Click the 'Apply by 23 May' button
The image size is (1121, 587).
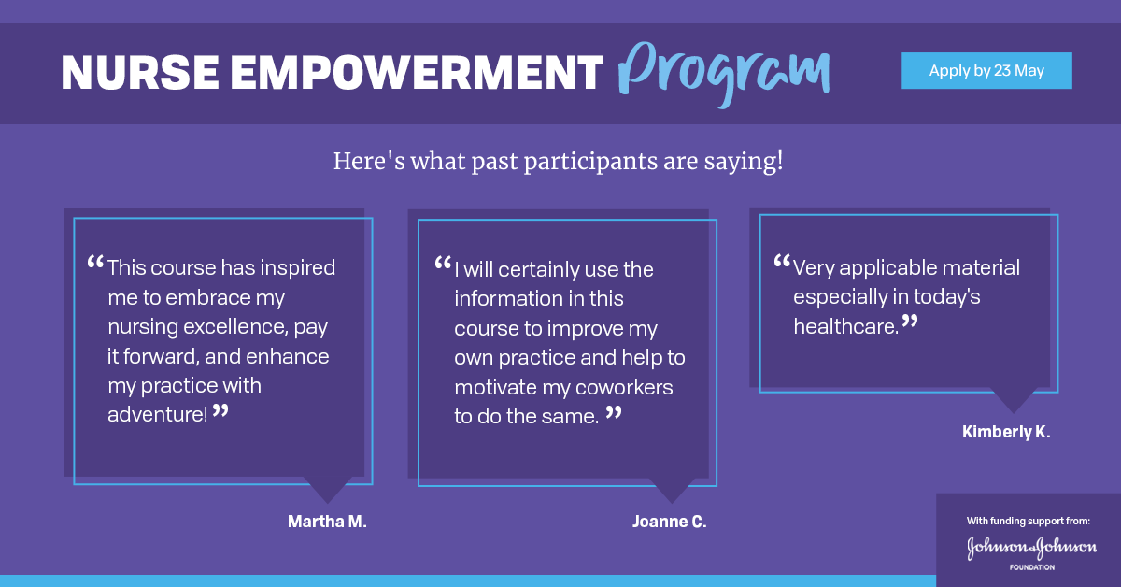pos(986,71)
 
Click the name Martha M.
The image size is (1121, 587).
pos(327,522)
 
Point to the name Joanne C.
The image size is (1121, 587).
pos(669,522)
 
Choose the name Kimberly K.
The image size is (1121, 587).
pos(1006,432)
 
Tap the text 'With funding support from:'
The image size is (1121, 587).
pos(1029,521)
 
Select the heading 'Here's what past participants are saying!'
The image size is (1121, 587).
pos(558,161)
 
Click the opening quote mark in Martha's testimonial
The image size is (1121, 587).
pos(95,263)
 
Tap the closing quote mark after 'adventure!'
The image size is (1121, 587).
pos(220,410)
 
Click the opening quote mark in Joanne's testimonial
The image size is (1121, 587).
pos(443,265)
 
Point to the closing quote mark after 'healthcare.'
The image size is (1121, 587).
pos(910,322)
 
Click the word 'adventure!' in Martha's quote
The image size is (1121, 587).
pos(158,414)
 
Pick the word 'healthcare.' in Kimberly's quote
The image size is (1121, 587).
pos(845,326)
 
